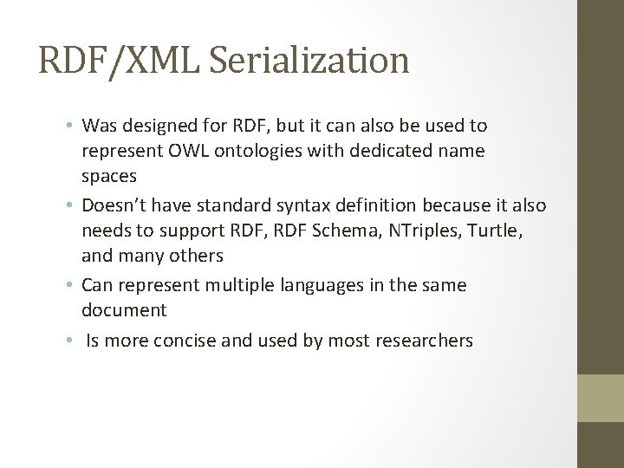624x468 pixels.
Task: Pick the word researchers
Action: tap(425, 341)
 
